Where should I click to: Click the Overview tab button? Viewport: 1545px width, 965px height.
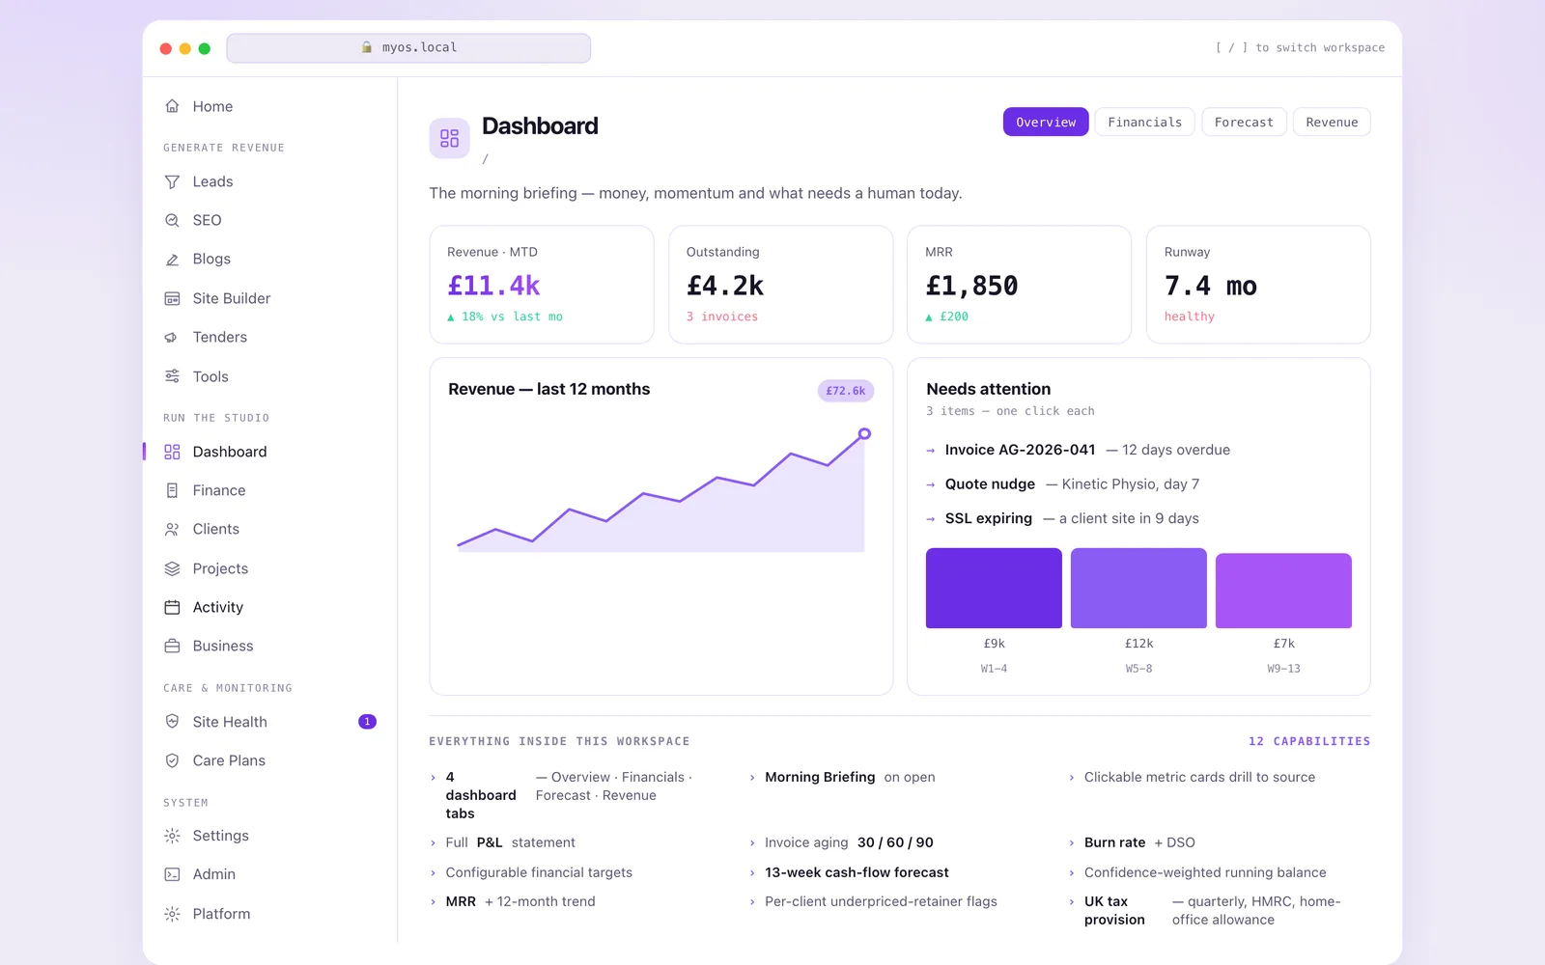pos(1046,122)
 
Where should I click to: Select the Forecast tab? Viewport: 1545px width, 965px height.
pos(1244,122)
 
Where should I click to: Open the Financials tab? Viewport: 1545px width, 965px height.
pos(1144,122)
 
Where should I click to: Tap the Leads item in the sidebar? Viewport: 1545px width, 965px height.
pos(212,181)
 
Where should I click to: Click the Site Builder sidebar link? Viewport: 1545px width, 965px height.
pos(231,298)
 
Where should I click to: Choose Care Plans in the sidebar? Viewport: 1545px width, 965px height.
pos(228,760)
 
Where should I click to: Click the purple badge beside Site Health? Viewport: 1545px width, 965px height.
pos(367,722)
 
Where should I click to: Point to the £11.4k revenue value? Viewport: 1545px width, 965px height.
pos(493,286)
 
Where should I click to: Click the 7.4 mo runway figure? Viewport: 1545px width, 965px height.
pos(1211,286)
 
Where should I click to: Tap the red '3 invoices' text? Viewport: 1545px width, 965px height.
pos(722,317)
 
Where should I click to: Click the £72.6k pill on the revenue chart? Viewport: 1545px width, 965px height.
pos(846,391)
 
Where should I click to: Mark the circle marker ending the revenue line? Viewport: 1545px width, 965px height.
pos(864,433)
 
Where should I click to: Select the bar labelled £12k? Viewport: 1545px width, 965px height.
pos(1138,588)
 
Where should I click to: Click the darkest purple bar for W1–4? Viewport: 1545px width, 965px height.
pos(994,588)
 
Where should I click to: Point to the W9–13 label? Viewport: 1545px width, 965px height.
pos(1283,669)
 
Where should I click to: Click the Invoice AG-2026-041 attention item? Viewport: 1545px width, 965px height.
pos(1020,450)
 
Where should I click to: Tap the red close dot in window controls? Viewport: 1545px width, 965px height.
pos(165,48)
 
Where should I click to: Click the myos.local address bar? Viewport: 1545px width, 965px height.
pos(408,47)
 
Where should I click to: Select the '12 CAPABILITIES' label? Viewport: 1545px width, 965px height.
pos(1309,741)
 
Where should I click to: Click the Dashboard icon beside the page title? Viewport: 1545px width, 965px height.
pos(449,138)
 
